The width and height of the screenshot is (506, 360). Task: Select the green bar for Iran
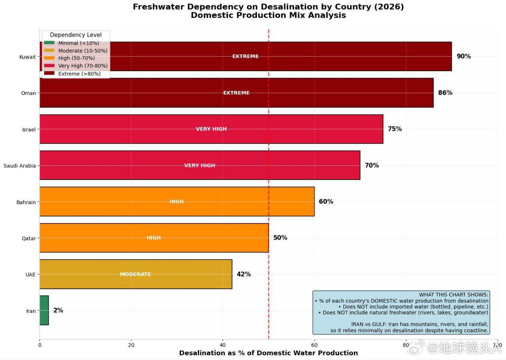coord(44,311)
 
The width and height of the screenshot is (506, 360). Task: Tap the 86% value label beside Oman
coord(445,93)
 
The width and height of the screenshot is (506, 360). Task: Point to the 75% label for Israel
coord(395,129)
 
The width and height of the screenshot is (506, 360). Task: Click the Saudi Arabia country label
coord(20,166)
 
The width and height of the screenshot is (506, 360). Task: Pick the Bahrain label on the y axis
coord(26,202)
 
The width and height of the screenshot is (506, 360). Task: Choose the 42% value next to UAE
coord(244,274)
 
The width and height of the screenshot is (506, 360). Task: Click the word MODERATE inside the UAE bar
coord(135,274)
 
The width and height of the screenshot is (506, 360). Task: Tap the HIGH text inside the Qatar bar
coord(153,238)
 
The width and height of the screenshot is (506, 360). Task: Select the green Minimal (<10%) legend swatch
coord(49,43)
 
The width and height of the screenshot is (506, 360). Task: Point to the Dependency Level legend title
coord(76,35)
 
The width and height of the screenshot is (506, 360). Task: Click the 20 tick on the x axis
coord(131,345)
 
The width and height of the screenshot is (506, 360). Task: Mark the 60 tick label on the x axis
coord(314,345)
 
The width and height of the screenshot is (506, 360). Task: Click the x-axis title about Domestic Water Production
coord(268,353)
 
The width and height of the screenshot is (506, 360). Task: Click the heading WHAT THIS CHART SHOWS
coord(453,295)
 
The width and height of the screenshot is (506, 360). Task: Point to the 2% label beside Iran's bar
coord(58,311)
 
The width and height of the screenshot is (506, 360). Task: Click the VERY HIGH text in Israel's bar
coord(211,129)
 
